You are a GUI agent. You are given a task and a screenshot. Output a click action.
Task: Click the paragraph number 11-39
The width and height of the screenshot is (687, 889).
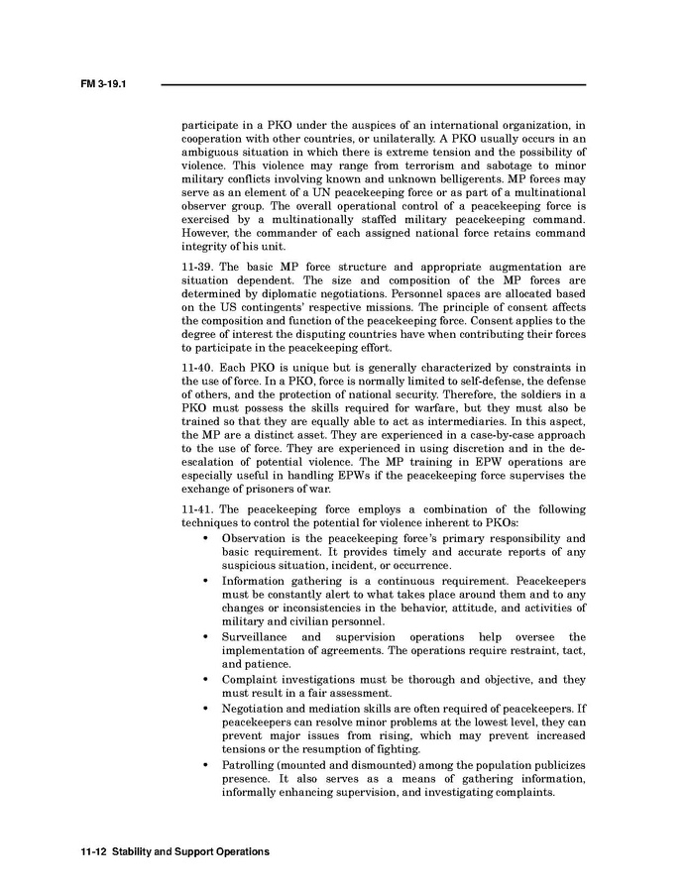[x=198, y=268]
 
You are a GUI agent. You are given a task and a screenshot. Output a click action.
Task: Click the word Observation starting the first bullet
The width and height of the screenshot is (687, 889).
[x=259, y=537]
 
